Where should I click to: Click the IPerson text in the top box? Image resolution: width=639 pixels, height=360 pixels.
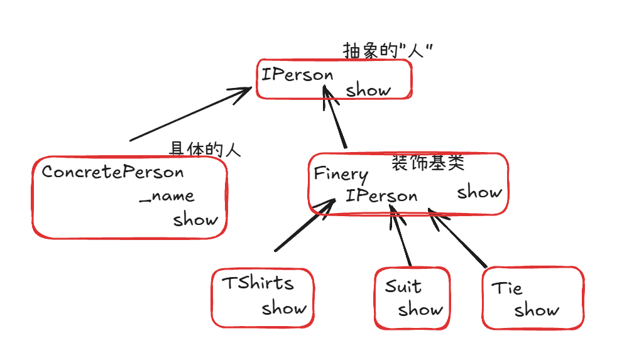tap(297, 75)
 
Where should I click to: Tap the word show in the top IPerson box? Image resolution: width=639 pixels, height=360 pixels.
tap(368, 90)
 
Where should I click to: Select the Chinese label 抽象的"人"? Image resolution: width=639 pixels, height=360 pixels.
tap(389, 51)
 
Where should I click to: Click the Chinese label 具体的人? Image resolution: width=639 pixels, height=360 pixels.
tap(205, 150)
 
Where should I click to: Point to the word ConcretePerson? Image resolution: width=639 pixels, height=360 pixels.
tap(113, 172)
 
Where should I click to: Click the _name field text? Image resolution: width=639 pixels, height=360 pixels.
tap(167, 196)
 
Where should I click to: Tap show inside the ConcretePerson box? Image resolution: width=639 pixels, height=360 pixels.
tap(196, 219)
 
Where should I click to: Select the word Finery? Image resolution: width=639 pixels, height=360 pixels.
tap(341, 173)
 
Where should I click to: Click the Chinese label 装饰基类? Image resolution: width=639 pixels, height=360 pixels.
tap(428, 163)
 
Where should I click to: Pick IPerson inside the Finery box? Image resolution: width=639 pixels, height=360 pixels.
tap(381, 195)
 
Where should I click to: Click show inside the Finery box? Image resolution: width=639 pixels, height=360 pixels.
tap(479, 192)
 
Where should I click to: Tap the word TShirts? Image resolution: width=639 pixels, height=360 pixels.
tap(258, 283)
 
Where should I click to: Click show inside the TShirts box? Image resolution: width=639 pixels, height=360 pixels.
tap(284, 308)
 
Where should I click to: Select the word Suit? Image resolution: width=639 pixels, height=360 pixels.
tap(403, 286)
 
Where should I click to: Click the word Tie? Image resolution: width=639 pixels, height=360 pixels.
tap(507, 288)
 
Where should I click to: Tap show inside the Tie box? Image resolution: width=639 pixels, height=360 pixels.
tap(537, 310)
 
